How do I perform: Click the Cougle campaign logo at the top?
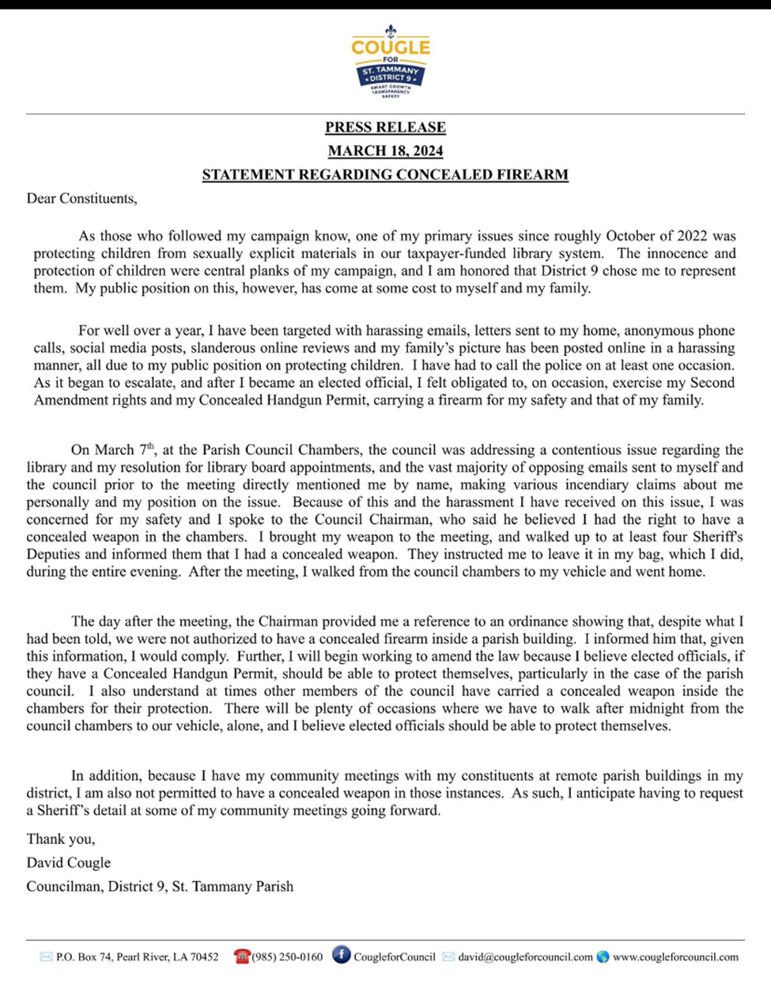click(x=390, y=61)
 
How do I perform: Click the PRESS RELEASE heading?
click(x=385, y=127)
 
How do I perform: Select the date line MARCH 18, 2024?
click(x=385, y=151)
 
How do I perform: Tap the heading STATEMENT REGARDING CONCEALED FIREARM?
click(x=385, y=175)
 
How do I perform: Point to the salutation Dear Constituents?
click(x=81, y=199)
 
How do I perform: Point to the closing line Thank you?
click(x=61, y=839)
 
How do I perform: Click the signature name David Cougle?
click(x=69, y=862)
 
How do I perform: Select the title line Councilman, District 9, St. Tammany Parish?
click(x=160, y=886)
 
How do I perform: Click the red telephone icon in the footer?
click(x=241, y=956)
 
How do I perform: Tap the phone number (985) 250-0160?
click(x=287, y=957)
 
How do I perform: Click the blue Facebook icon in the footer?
click(x=342, y=955)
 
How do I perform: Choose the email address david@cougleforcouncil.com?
click(x=525, y=957)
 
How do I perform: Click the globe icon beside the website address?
click(x=603, y=956)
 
